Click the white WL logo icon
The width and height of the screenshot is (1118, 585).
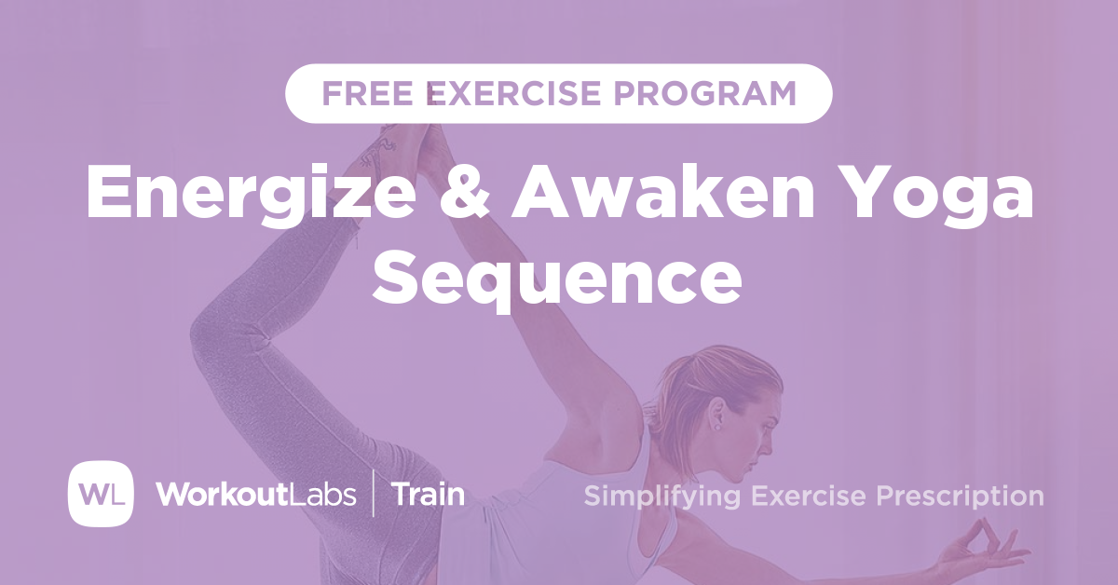101,494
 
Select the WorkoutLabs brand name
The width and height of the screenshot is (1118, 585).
256,494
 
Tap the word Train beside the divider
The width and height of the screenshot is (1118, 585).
428,494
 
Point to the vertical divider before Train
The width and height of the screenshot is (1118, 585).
374,494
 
